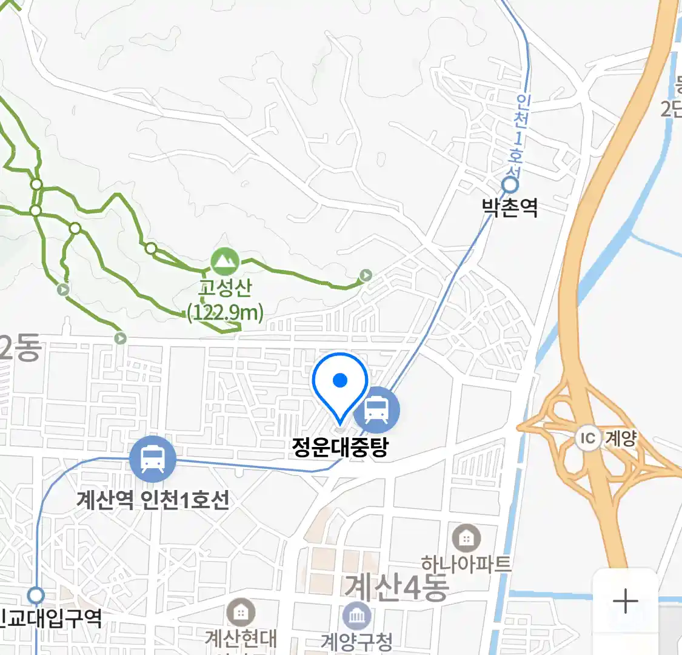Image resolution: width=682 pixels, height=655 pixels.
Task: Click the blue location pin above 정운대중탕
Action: pyautogui.click(x=340, y=382)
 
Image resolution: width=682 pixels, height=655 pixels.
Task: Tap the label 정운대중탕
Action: pyautogui.click(x=339, y=447)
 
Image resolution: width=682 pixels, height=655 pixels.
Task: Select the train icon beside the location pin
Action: pyautogui.click(x=376, y=409)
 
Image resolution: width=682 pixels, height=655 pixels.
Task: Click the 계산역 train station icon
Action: pyautogui.click(x=152, y=459)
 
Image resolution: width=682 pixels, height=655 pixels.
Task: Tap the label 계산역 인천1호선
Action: pyautogui.click(x=153, y=500)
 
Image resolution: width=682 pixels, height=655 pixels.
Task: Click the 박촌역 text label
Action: pyautogui.click(x=510, y=208)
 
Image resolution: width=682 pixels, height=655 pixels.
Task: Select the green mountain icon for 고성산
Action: pyautogui.click(x=225, y=261)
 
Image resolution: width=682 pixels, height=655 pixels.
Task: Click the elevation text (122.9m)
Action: pyautogui.click(x=226, y=313)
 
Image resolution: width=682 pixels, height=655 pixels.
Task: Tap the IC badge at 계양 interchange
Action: pyautogui.click(x=587, y=438)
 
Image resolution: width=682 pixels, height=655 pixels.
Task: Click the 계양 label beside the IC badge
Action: pyautogui.click(x=621, y=438)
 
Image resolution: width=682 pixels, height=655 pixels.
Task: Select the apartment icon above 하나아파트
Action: pyautogui.click(x=466, y=538)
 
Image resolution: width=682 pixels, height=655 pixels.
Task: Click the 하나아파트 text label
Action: pyautogui.click(x=466, y=565)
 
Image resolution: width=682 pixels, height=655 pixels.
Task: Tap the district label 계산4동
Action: pyautogui.click(x=397, y=587)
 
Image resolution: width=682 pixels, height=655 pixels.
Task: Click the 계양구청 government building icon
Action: pyautogui.click(x=357, y=617)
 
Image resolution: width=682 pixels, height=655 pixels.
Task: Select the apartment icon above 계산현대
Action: pyautogui.click(x=241, y=613)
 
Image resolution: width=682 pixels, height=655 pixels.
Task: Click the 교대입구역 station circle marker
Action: pyautogui.click(x=36, y=594)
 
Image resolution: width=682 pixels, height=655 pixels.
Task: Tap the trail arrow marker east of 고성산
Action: pyautogui.click(x=366, y=276)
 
